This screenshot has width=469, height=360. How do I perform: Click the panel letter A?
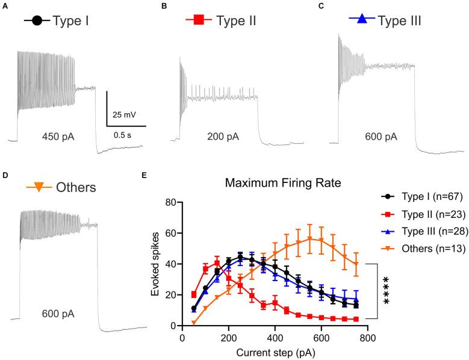click(x=5, y=5)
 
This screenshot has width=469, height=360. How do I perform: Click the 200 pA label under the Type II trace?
click(x=222, y=137)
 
